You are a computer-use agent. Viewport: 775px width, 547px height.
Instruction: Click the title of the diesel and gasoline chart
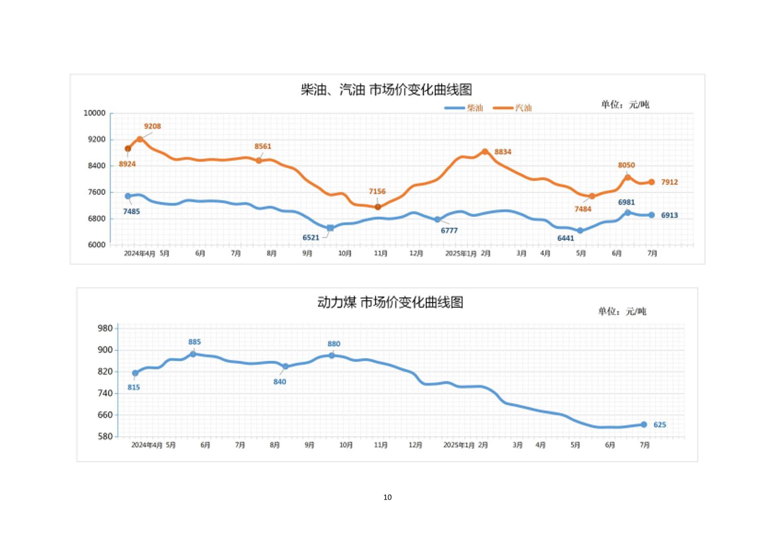[386, 90]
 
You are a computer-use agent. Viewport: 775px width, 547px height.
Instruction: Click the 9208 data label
[152, 126]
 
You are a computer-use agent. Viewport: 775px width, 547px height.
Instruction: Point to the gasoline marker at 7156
[378, 207]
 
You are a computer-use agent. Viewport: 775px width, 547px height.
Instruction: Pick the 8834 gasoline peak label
[503, 152]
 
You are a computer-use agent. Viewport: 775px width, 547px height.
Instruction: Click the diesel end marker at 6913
[652, 215]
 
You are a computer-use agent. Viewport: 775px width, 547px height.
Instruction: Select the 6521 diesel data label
[311, 237]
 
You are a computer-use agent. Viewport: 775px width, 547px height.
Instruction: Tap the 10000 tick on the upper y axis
[94, 113]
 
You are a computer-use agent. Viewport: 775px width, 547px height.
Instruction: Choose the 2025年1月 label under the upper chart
[460, 253]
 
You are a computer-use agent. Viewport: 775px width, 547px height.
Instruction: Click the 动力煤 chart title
[390, 303]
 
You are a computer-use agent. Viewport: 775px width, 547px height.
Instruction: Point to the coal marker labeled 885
[193, 354]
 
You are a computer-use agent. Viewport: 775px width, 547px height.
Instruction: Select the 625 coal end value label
[660, 425]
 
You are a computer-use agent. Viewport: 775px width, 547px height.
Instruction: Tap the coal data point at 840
[286, 366]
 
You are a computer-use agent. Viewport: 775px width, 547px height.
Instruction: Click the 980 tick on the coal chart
[105, 328]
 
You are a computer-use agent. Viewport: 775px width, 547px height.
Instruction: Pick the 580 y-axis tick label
[105, 436]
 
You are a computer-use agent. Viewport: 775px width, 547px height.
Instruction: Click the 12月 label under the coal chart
[416, 445]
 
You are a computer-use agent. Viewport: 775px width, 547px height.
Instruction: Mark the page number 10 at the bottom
[387, 497]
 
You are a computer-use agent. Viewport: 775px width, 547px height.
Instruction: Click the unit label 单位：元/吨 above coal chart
[622, 311]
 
